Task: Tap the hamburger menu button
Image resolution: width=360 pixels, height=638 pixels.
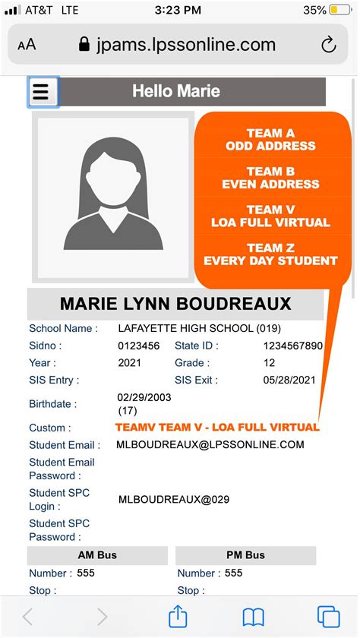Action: coord(41,92)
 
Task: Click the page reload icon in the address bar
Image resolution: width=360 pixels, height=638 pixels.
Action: coord(329,45)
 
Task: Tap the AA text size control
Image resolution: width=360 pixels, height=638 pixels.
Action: coord(27,45)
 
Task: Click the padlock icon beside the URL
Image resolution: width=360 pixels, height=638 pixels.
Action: coord(85,45)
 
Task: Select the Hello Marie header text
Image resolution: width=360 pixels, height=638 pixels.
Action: coord(176,91)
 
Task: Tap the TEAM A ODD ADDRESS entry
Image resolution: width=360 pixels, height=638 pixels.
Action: coord(270,140)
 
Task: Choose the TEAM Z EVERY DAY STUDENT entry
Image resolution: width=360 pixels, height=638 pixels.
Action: coord(270,254)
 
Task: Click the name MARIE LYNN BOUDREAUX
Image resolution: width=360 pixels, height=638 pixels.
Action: coord(175,305)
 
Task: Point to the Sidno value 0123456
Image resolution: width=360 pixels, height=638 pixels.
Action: coord(139,346)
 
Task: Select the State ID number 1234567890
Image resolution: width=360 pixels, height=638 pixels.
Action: coord(292,346)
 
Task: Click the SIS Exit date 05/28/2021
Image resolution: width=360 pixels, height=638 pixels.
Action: coord(289,380)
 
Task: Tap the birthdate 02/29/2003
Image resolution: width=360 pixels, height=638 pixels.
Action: coord(144,397)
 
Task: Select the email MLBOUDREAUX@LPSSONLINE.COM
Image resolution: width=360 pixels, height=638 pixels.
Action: coord(210,445)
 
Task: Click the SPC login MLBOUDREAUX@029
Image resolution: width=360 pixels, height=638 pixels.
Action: coord(174,500)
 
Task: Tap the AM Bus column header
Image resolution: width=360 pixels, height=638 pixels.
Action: coord(96,555)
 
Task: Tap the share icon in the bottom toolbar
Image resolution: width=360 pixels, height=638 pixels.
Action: coord(177,616)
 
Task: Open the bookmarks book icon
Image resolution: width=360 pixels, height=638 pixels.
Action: coord(253,616)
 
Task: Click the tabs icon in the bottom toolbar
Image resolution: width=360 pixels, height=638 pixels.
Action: coord(328,616)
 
